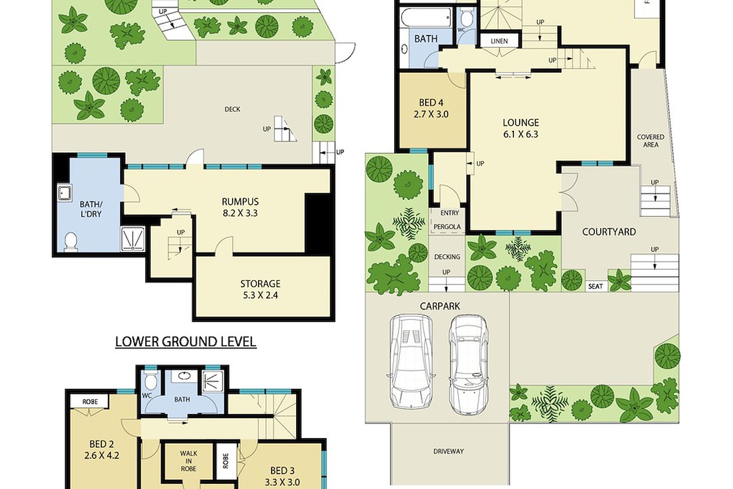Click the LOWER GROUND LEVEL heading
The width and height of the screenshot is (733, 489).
point(186,342)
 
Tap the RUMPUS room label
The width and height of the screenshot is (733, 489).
point(240,207)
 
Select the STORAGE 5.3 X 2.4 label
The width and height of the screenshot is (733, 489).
point(260,289)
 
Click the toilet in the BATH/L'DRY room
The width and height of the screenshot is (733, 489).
point(70,242)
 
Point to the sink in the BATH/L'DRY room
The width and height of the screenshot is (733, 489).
point(65,193)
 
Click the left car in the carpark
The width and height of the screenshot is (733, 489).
point(411,361)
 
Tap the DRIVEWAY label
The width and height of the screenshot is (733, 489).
point(449,451)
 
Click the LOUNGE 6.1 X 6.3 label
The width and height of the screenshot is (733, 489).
point(521,128)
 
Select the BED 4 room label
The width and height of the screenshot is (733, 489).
point(431,108)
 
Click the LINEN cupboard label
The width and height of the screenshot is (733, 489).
point(499,41)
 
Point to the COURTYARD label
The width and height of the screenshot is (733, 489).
point(609,232)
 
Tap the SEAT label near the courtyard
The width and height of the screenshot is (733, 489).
point(596,286)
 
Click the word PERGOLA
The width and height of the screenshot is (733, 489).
point(447,227)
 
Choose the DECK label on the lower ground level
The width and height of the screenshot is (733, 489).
point(232,109)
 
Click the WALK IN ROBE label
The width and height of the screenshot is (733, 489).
point(189,461)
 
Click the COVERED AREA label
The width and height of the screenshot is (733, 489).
point(651,141)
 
